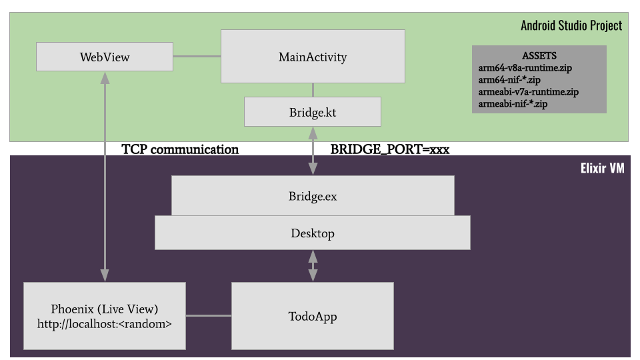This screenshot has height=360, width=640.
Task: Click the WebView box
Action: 104,57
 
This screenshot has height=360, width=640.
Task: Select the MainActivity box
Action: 313,57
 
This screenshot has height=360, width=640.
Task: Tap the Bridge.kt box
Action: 313,112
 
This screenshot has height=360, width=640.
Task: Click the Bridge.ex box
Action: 313,196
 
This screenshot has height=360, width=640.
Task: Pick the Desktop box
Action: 313,233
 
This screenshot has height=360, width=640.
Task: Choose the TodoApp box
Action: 313,315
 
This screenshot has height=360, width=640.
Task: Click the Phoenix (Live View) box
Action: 104,309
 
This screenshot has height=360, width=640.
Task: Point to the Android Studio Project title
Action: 571,25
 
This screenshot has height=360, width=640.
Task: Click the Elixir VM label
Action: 602,168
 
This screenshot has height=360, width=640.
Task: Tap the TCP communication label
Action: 180,149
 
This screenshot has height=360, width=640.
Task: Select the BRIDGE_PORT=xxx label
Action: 390,149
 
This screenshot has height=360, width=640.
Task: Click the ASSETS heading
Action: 539,55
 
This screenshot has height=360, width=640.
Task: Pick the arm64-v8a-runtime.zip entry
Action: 525,67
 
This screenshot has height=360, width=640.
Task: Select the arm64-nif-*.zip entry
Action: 511,79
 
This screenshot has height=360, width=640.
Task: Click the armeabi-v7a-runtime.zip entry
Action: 528,91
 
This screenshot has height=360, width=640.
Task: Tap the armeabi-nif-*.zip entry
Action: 513,103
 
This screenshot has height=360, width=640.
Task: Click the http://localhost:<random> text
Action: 104,325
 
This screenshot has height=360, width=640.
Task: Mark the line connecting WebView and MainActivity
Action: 197,57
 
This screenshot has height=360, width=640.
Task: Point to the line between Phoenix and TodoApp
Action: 208,315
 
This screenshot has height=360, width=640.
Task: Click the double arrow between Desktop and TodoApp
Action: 313,266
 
